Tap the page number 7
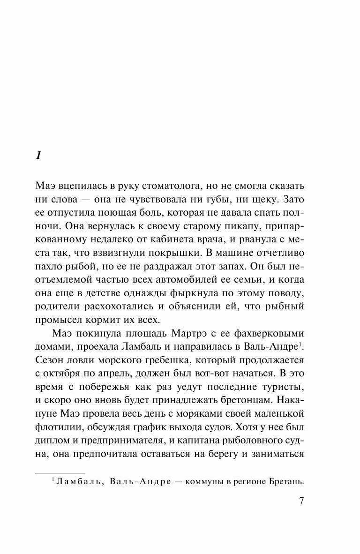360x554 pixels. click(x=301, y=501)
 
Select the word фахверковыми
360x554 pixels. click(x=267, y=335)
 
